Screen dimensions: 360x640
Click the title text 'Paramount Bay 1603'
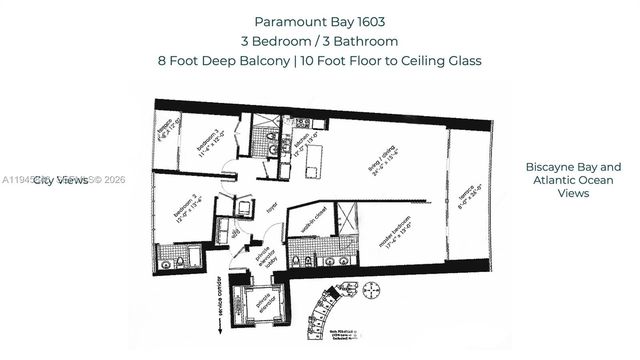pyautogui.click(x=319, y=21)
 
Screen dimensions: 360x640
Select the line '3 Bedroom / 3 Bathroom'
pyautogui.click(x=319, y=41)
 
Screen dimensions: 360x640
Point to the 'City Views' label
pyautogui.click(x=62, y=181)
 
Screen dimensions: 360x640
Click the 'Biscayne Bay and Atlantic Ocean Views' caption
pyautogui.click(x=573, y=180)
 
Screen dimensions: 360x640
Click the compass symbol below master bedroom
pyautogui.click(x=371, y=289)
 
